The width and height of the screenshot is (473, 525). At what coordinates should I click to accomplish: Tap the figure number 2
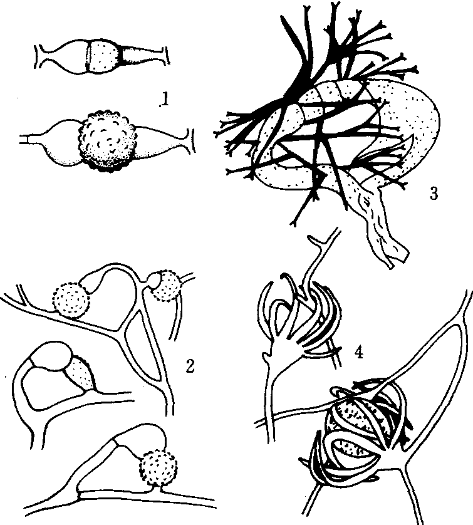[x=189, y=366]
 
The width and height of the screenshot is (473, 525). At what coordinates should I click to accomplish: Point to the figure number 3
[x=434, y=193]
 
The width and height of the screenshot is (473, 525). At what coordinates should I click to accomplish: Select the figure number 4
[x=358, y=351]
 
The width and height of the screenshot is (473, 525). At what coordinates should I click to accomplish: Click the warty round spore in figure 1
[x=108, y=140]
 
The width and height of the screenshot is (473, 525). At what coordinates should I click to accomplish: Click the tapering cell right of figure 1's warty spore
[x=157, y=142]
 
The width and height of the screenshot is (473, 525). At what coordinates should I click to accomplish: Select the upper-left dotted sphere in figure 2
[x=71, y=299]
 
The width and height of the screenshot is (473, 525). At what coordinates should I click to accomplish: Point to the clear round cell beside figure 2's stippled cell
[x=52, y=356]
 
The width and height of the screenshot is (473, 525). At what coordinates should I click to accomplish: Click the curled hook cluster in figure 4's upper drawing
[x=303, y=321]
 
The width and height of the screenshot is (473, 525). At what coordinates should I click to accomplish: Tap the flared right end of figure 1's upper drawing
[x=165, y=56]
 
